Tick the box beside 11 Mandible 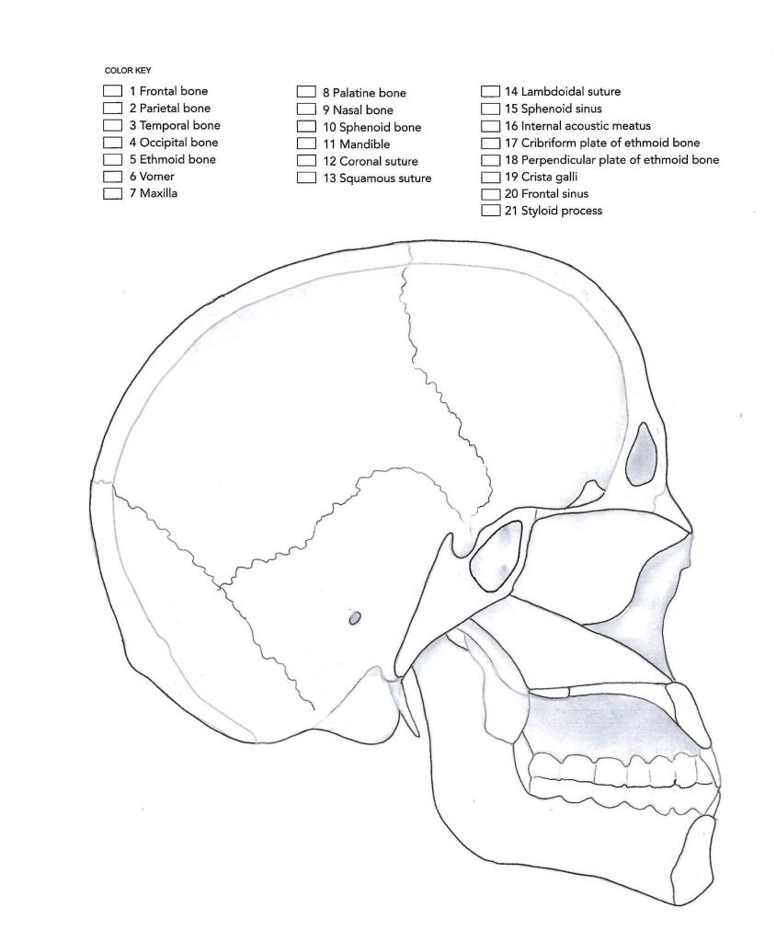tap(306, 144)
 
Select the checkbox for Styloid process tap(491, 212)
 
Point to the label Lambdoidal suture tap(569, 91)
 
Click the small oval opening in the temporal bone tap(354, 619)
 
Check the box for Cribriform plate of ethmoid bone tap(491, 143)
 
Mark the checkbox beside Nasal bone tap(306, 109)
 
